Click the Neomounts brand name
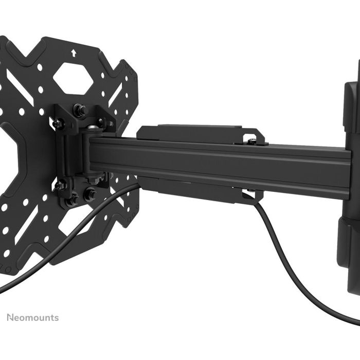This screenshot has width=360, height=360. click(x=32, y=317)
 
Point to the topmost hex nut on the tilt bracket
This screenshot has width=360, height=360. click(x=80, y=109)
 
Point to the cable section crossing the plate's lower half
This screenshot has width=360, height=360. click(x=62, y=242)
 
